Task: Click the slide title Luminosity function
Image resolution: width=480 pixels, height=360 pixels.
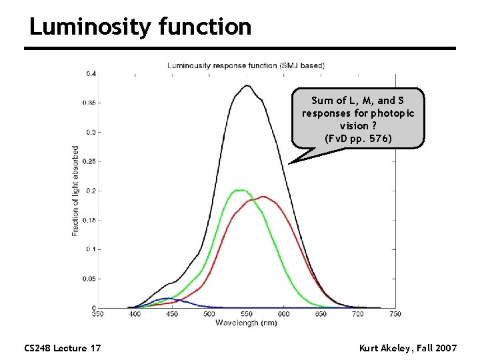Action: pyautogui.click(x=140, y=27)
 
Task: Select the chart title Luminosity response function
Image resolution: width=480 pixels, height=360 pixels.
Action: pyautogui.click(x=245, y=65)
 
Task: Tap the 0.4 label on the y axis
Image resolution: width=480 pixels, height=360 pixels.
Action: pyautogui.click(x=90, y=73)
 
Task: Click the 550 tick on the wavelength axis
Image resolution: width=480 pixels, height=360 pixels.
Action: pyautogui.click(x=247, y=314)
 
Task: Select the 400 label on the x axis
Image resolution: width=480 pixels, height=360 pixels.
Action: pyautogui.click(x=135, y=314)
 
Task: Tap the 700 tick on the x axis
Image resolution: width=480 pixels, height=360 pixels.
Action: pyautogui.click(x=358, y=314)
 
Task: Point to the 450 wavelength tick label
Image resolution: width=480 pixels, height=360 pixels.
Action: pyautogui.click(x=172, y=314)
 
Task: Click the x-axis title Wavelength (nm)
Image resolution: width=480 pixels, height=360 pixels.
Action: pyautogui.click(x=246, y=323)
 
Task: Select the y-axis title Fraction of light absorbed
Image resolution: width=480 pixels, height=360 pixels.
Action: pyautogui.click(x=75, y=191)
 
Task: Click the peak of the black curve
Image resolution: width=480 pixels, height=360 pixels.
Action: pyautogui.click(x=247, y=85)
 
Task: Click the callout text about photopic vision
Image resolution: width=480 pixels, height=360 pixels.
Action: pyautogui.click(x=357, y=119)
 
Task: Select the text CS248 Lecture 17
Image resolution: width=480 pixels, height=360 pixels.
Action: pyautogui.click(x=62, y=348)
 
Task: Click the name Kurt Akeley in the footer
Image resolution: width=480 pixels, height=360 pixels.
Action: pyautogui.click(x=385, y=348)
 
